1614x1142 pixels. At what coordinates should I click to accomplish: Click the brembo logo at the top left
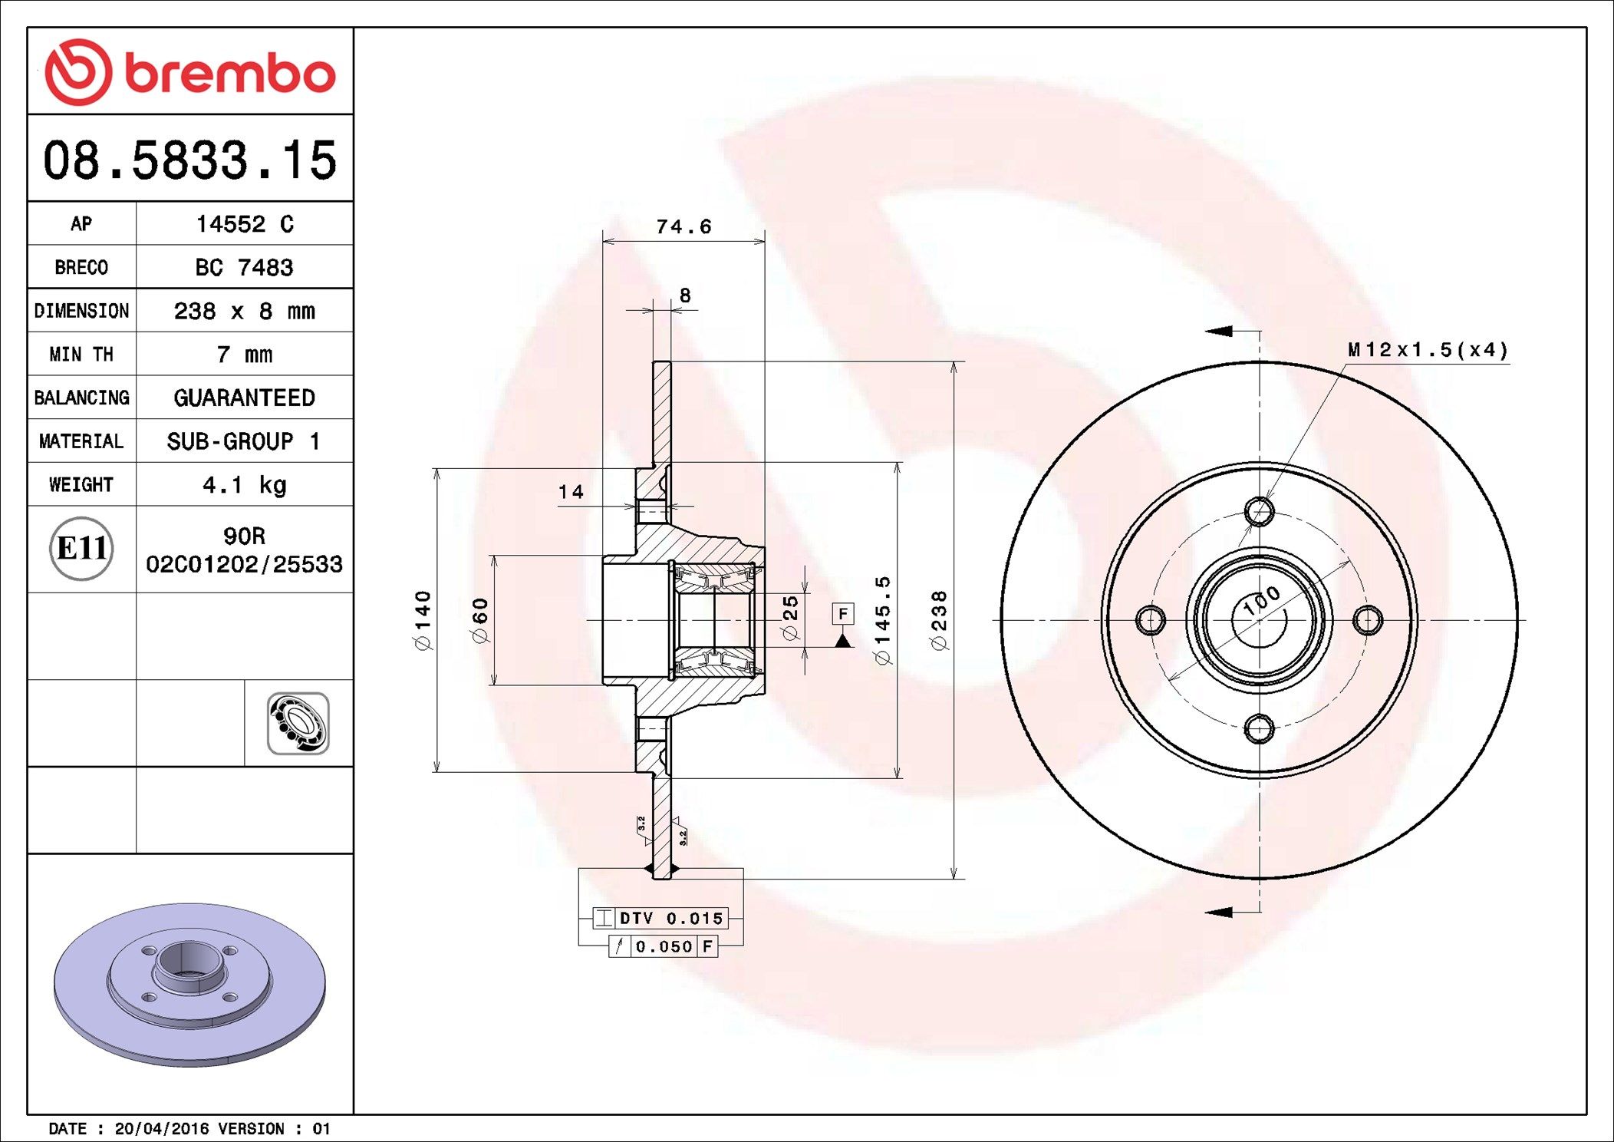pos(190,72)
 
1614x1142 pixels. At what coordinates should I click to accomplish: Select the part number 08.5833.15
pos(189,160)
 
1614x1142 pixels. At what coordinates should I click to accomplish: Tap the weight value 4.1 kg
pos(245,485)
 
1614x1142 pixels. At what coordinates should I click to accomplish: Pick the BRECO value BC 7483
pos(244,267)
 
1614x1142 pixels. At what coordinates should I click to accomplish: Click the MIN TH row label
pos(81,354)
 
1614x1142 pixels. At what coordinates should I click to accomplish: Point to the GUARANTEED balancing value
pos(244,398)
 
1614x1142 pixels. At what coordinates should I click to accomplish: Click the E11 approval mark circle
pos(81,548)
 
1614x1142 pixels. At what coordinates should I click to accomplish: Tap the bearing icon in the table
pos(298,724)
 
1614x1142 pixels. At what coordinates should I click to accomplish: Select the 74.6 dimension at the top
pos(683,226)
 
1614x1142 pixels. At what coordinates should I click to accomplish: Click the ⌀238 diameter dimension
pos(940,620)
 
